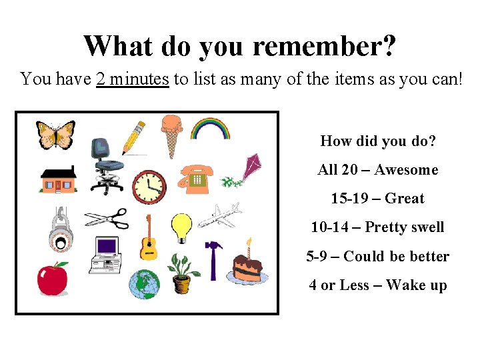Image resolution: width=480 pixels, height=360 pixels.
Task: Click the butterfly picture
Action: tap(55, 135)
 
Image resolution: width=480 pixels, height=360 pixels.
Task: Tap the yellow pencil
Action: tap(133, 137)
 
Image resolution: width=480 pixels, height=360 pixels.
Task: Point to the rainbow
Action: tap(210, 128)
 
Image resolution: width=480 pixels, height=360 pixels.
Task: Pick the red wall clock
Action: tap(149, 187)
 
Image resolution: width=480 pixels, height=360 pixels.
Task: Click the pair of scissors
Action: tap(106, 219)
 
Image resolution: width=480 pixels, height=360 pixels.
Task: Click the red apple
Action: tap(53, 278)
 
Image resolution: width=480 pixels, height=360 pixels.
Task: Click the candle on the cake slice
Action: tap(249, 247)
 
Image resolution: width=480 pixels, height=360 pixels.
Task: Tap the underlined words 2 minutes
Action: tap(132, 79)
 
